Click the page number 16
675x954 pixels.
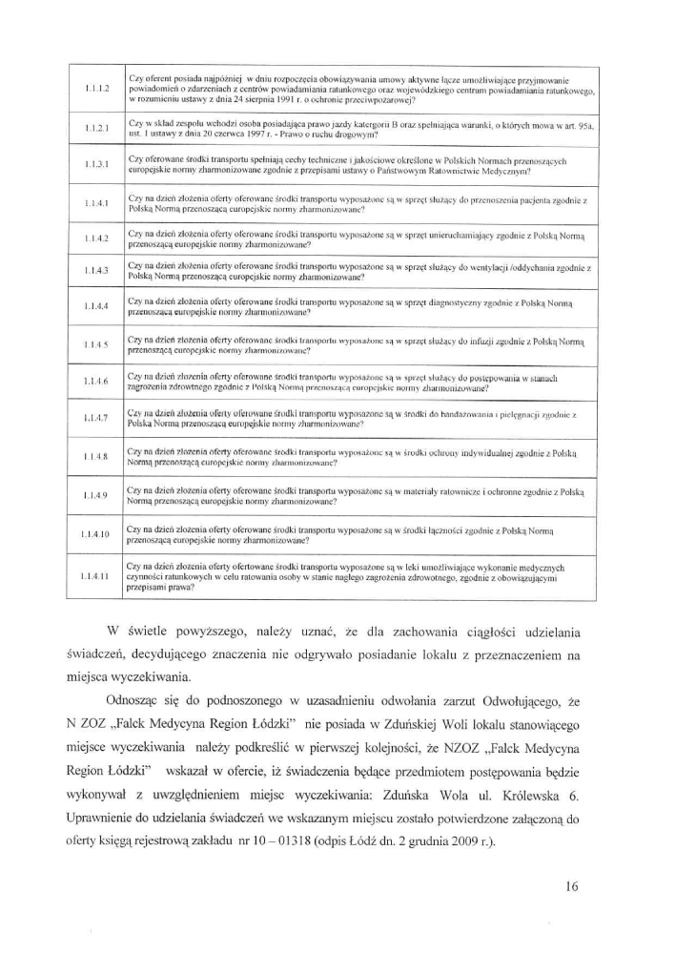click(571, 885)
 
